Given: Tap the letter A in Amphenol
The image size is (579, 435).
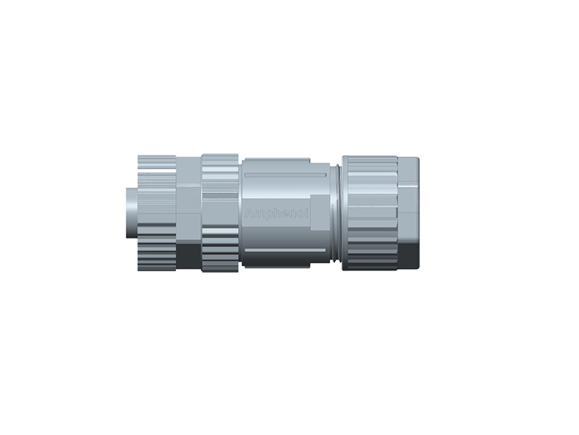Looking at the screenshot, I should tap(250, 214).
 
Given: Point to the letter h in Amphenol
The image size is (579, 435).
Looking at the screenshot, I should tap(271, 214).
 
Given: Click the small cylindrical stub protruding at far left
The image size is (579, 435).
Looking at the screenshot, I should tap(130, 210).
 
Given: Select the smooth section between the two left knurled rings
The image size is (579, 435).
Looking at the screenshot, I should tap(188, 210).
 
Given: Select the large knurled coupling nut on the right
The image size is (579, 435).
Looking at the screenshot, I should tap(369, 210).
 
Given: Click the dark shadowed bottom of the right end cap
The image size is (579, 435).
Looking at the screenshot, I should tap(408, 254).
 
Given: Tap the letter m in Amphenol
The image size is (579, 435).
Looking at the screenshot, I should tap(257, 214).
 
